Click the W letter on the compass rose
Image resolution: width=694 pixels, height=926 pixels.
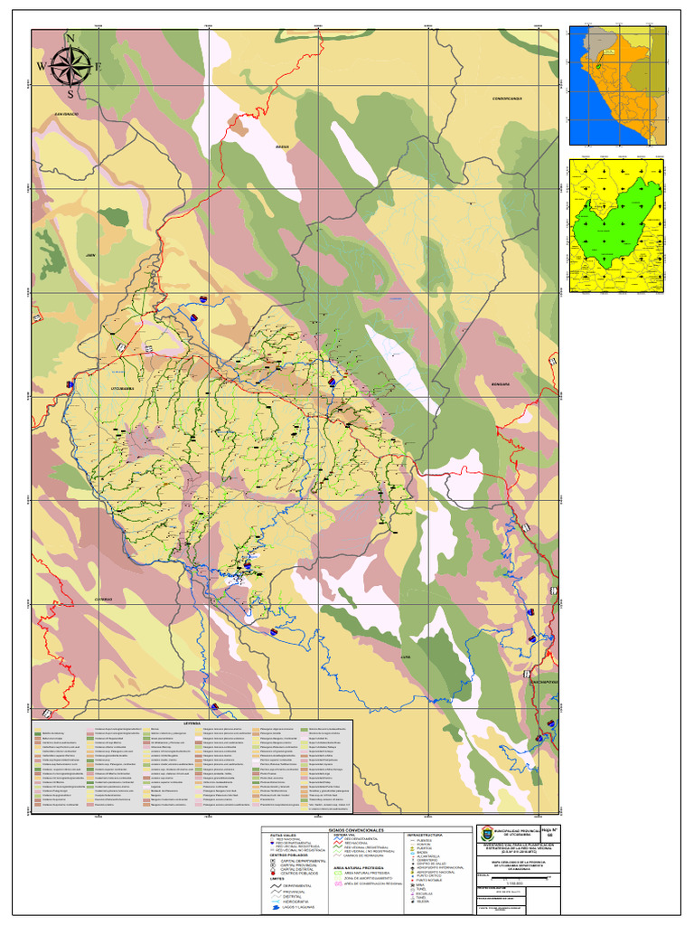(41, 67)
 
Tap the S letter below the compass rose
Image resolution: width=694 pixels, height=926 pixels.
(70, 93)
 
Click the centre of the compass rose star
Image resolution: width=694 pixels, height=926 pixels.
(70, 65)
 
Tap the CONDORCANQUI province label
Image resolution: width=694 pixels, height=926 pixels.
(508, 98)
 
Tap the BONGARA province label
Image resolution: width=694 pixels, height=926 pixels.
(501, 383)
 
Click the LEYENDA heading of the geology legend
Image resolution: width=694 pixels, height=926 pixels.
(192, 723)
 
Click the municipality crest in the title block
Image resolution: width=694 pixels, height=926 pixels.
(488, 833)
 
